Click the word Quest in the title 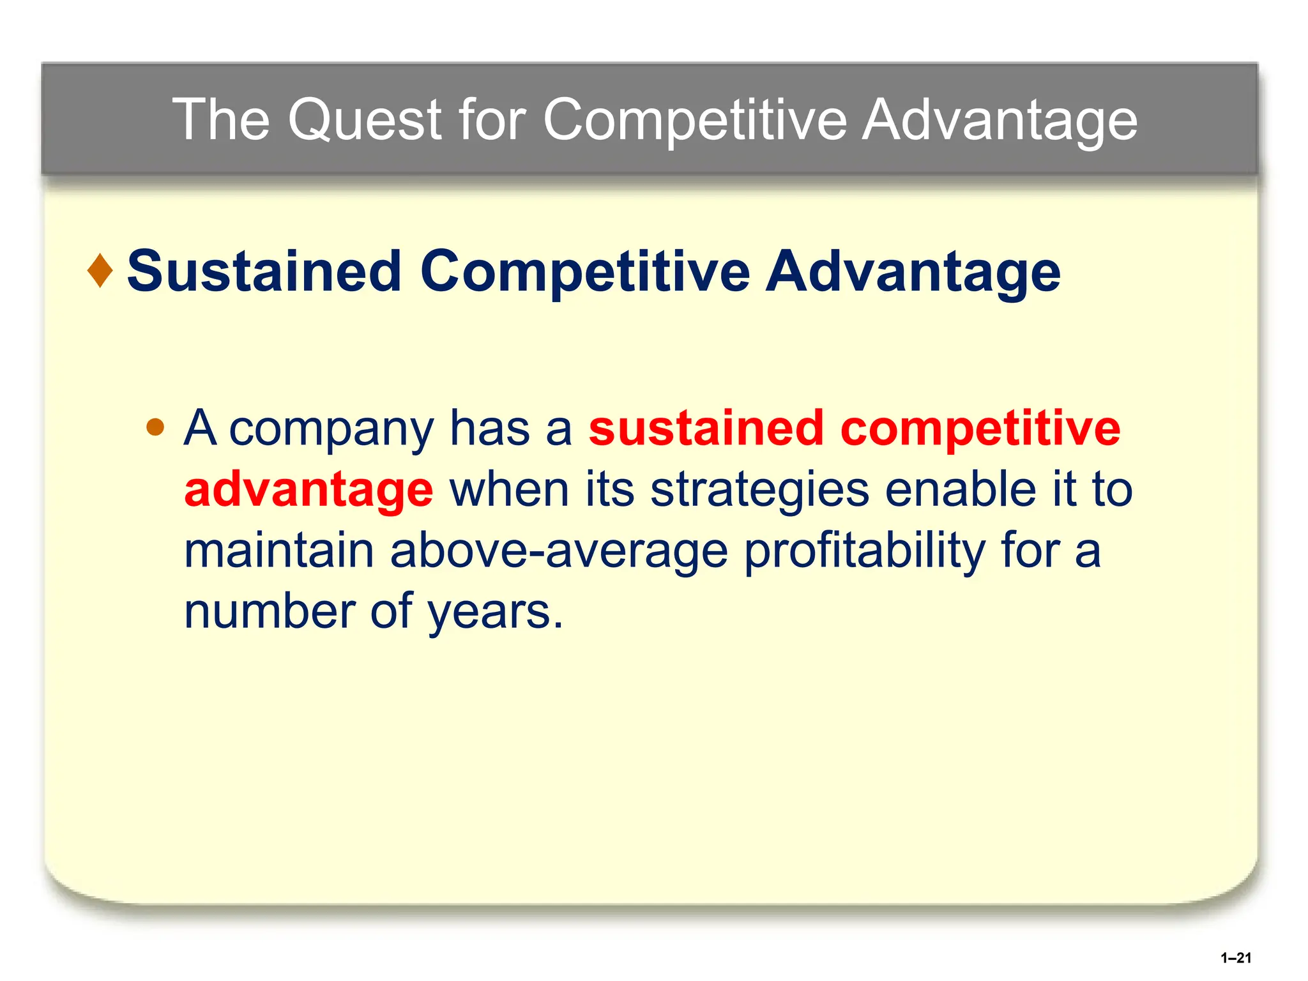point(365,119)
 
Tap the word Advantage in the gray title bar point(1000,119)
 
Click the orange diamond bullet point(100,271)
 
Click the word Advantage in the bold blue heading point(913,271)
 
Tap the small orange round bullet point(155,427)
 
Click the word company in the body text point(331,428)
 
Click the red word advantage point(308,489)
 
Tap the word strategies point(759,489)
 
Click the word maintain point(278,550)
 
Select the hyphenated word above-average point(559,550)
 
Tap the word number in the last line point(269,611)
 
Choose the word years point(495,611)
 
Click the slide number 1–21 point(1235,957)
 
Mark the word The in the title point(221,119)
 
